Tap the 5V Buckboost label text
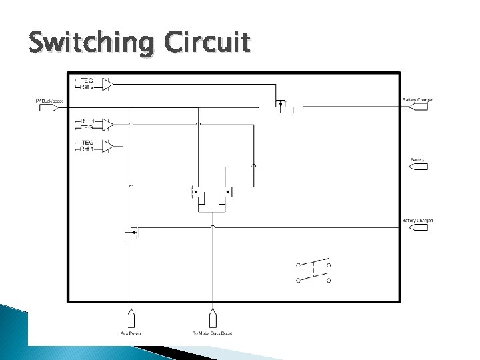49,100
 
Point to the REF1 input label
87,121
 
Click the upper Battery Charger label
417,100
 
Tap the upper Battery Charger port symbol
417,107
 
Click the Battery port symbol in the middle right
418,167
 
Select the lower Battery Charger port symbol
417,227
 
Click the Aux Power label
131,333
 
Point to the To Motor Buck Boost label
213,333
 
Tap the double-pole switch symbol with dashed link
313,270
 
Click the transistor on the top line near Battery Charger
282,103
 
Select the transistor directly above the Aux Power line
131,235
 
